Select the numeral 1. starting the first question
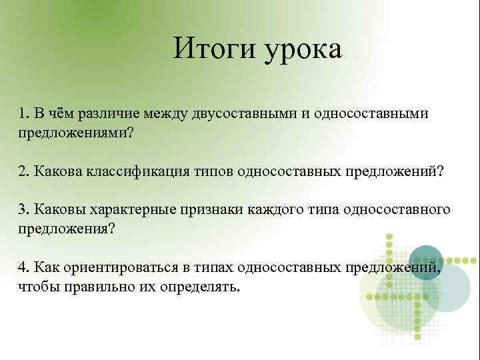23,111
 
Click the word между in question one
152,111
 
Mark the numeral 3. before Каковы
24,210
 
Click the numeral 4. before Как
24,267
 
